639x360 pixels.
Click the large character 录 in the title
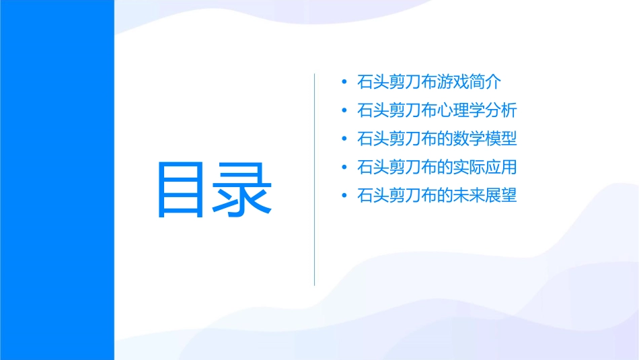pyautogui.click(x=243, y=190)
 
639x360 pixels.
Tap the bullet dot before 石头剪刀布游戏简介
pyautogui.click(x=344, y=83)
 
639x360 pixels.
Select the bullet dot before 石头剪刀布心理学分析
pyautogui.click(x=344, y=111)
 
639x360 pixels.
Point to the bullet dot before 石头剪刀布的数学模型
pyautogui.click(x=344, y=139)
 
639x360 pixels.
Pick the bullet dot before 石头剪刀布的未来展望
pyautogui.click(x=344, y=196)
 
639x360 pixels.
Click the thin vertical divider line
pyautogui.click(x=315, y=179)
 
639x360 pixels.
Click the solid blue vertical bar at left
pyautogui.click(x=57, y=180)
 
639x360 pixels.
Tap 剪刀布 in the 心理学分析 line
pyautogui.click(x=414, y=111)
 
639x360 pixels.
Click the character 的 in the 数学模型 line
pyautogui.click(x=445, y=139)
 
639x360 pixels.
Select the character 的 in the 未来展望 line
pyautogui.click(x=445, y=196)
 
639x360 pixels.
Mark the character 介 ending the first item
pyautogui.click(x=494, y=83)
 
